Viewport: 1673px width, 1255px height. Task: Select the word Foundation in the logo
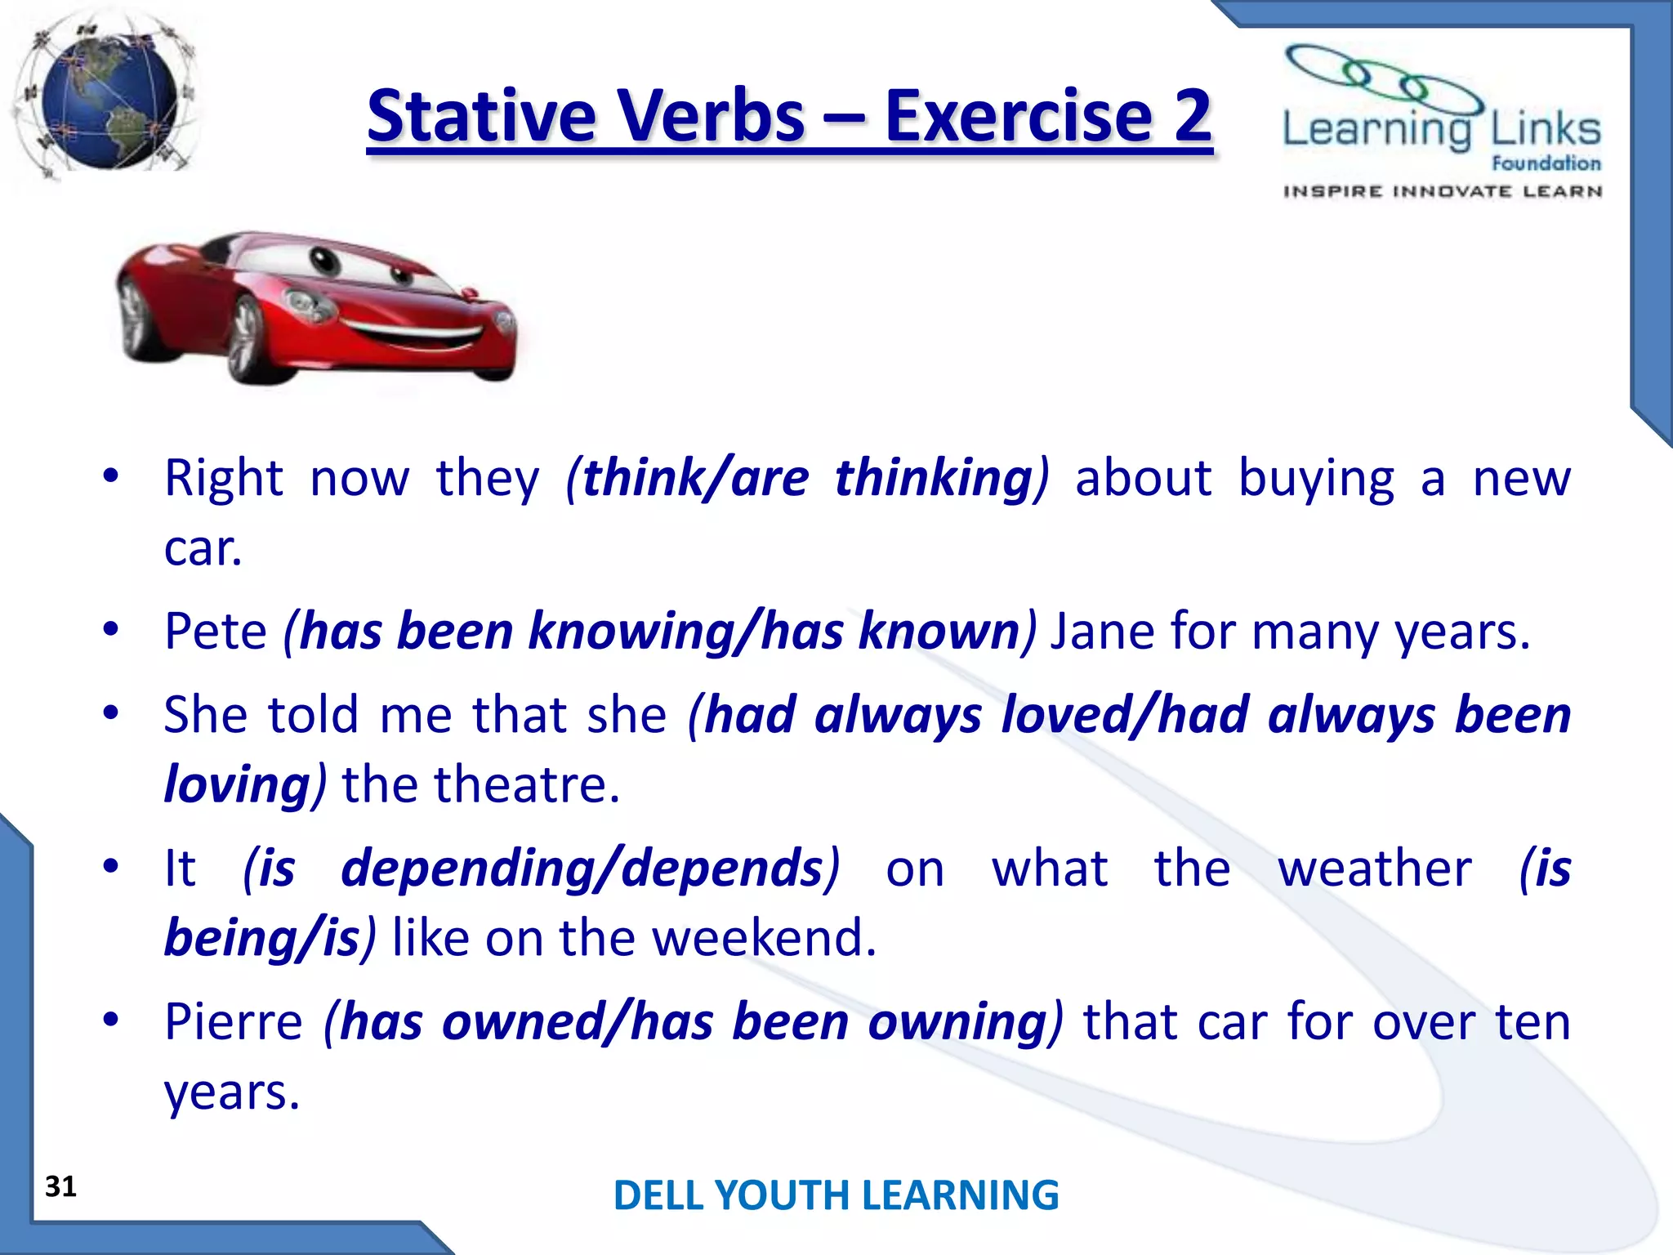1546,163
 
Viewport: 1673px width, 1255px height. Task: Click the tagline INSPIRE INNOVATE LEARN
1442,192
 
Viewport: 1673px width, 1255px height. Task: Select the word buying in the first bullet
1316,480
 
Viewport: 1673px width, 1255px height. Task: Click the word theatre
526,784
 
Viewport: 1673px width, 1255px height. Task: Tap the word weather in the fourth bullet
1375,868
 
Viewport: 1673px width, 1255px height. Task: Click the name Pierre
234,1021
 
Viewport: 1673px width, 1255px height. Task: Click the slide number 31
60,1186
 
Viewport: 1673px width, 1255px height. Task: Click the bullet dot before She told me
111,712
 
